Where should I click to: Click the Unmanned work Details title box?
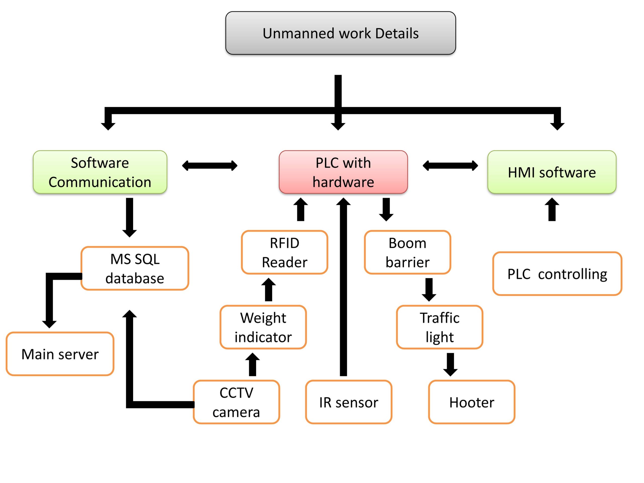point(340,33)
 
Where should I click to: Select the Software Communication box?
point(100,172)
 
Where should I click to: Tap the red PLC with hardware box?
point(343,172)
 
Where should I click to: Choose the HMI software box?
point(552,172)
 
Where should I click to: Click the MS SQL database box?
point(135,268)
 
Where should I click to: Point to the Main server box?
point(60,354)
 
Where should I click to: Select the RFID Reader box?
point(285,252)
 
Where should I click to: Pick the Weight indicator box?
point(263,327)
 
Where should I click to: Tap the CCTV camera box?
point(236,402)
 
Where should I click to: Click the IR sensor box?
point(349,402)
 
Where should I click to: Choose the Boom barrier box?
point(408,252)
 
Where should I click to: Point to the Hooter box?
point(472,402)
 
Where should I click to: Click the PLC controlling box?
point(557,274)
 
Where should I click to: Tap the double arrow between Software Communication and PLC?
point(210,166)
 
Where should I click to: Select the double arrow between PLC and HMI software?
point(450,166)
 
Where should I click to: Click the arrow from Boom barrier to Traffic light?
point(429,290)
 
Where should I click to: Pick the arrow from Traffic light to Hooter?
point(450,365)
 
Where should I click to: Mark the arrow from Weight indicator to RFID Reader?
point(268,290)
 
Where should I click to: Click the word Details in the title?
point(397,33)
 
